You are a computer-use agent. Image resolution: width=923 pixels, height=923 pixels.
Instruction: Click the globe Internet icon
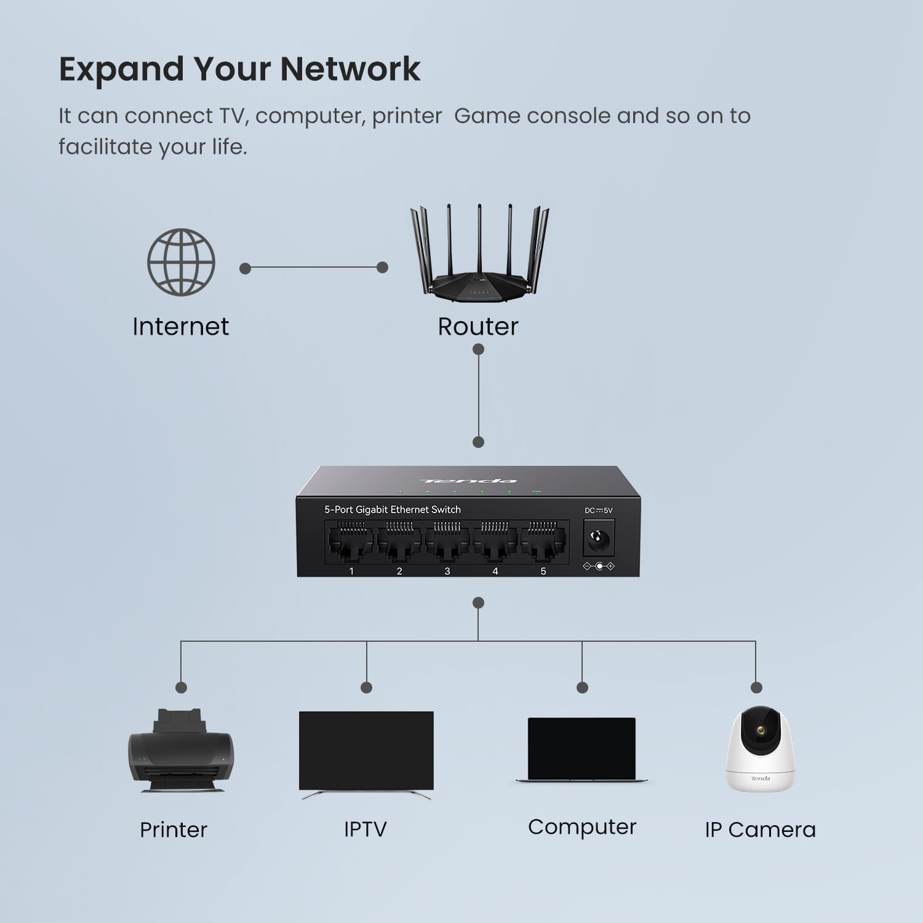(181, 262)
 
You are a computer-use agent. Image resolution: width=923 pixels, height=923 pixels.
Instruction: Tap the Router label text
(477, 326)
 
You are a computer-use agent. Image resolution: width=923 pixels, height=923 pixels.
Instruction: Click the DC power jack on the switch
(597, 540)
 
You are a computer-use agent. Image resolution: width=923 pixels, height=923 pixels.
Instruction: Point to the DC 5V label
(598, 510)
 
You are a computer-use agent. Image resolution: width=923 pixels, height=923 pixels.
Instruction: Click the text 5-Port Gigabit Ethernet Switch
(393, 509)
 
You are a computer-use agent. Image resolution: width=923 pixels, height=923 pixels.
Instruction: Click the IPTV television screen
(366, 751)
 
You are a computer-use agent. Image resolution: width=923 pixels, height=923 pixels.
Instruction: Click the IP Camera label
(760, 829)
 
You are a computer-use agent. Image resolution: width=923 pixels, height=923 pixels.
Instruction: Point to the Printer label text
(174, 829)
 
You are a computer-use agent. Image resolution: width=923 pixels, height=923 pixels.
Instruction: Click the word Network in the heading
(350, 69)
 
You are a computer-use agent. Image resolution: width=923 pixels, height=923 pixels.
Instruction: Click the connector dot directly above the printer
(181, 687)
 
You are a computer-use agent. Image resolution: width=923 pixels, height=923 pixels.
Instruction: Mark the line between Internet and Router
(314, 268)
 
